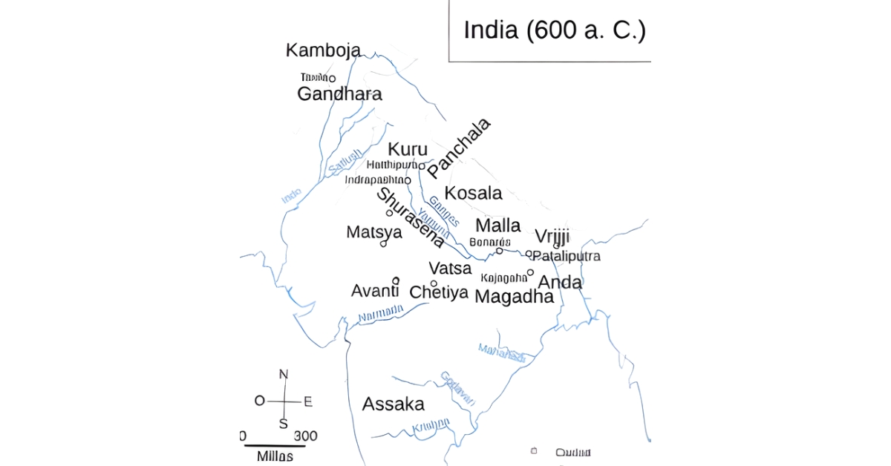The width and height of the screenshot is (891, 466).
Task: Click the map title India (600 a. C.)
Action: [x=554, y=30]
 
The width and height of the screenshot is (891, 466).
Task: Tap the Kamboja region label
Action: [x=323, y=50]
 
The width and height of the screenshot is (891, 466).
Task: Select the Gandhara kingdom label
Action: [x=339, y=94]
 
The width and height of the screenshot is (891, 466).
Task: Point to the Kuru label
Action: [x=408, y=149]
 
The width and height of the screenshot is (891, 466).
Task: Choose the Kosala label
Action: [x=473, y=194]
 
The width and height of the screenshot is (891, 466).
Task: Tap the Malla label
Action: [x=498, y=226]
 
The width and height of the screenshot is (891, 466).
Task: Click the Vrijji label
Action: [x=552, y=237]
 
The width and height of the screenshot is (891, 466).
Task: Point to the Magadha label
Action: [x=514, y=297]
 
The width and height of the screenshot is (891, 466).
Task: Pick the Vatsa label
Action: [x=450, y=269]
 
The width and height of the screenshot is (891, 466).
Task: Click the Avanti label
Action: [x=375, y=290]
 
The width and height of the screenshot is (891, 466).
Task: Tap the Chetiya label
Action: [x=439, y=292]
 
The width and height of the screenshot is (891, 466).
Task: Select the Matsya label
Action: [x=374, y=232]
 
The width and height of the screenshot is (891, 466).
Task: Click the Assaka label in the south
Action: [x=394, y=404]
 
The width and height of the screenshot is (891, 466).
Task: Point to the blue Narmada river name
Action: [x=381, y=315]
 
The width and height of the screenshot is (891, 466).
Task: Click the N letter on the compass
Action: [x=283, y=375]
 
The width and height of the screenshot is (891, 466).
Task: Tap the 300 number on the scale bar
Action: [x=305, y=436]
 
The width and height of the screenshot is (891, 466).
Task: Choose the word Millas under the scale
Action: [x=275, y=456]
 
